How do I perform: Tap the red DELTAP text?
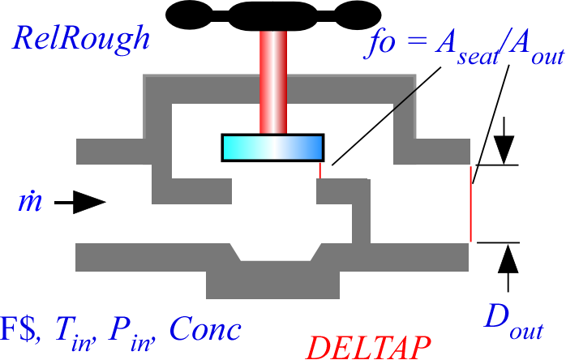[369, 347]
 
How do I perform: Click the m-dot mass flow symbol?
[30, 200]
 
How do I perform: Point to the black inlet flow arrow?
[80, 203]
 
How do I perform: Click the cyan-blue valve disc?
[273, 148]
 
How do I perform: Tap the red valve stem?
[273, 83]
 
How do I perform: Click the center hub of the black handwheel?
[273, 16]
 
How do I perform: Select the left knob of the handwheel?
[189, 15]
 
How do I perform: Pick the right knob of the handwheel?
[358, 15]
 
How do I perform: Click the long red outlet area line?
[470, 204]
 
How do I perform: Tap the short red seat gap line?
[319, 170]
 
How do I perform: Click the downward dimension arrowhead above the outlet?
[504, 149]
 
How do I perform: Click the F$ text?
[19, 328]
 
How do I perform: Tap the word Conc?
[205, 328]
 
